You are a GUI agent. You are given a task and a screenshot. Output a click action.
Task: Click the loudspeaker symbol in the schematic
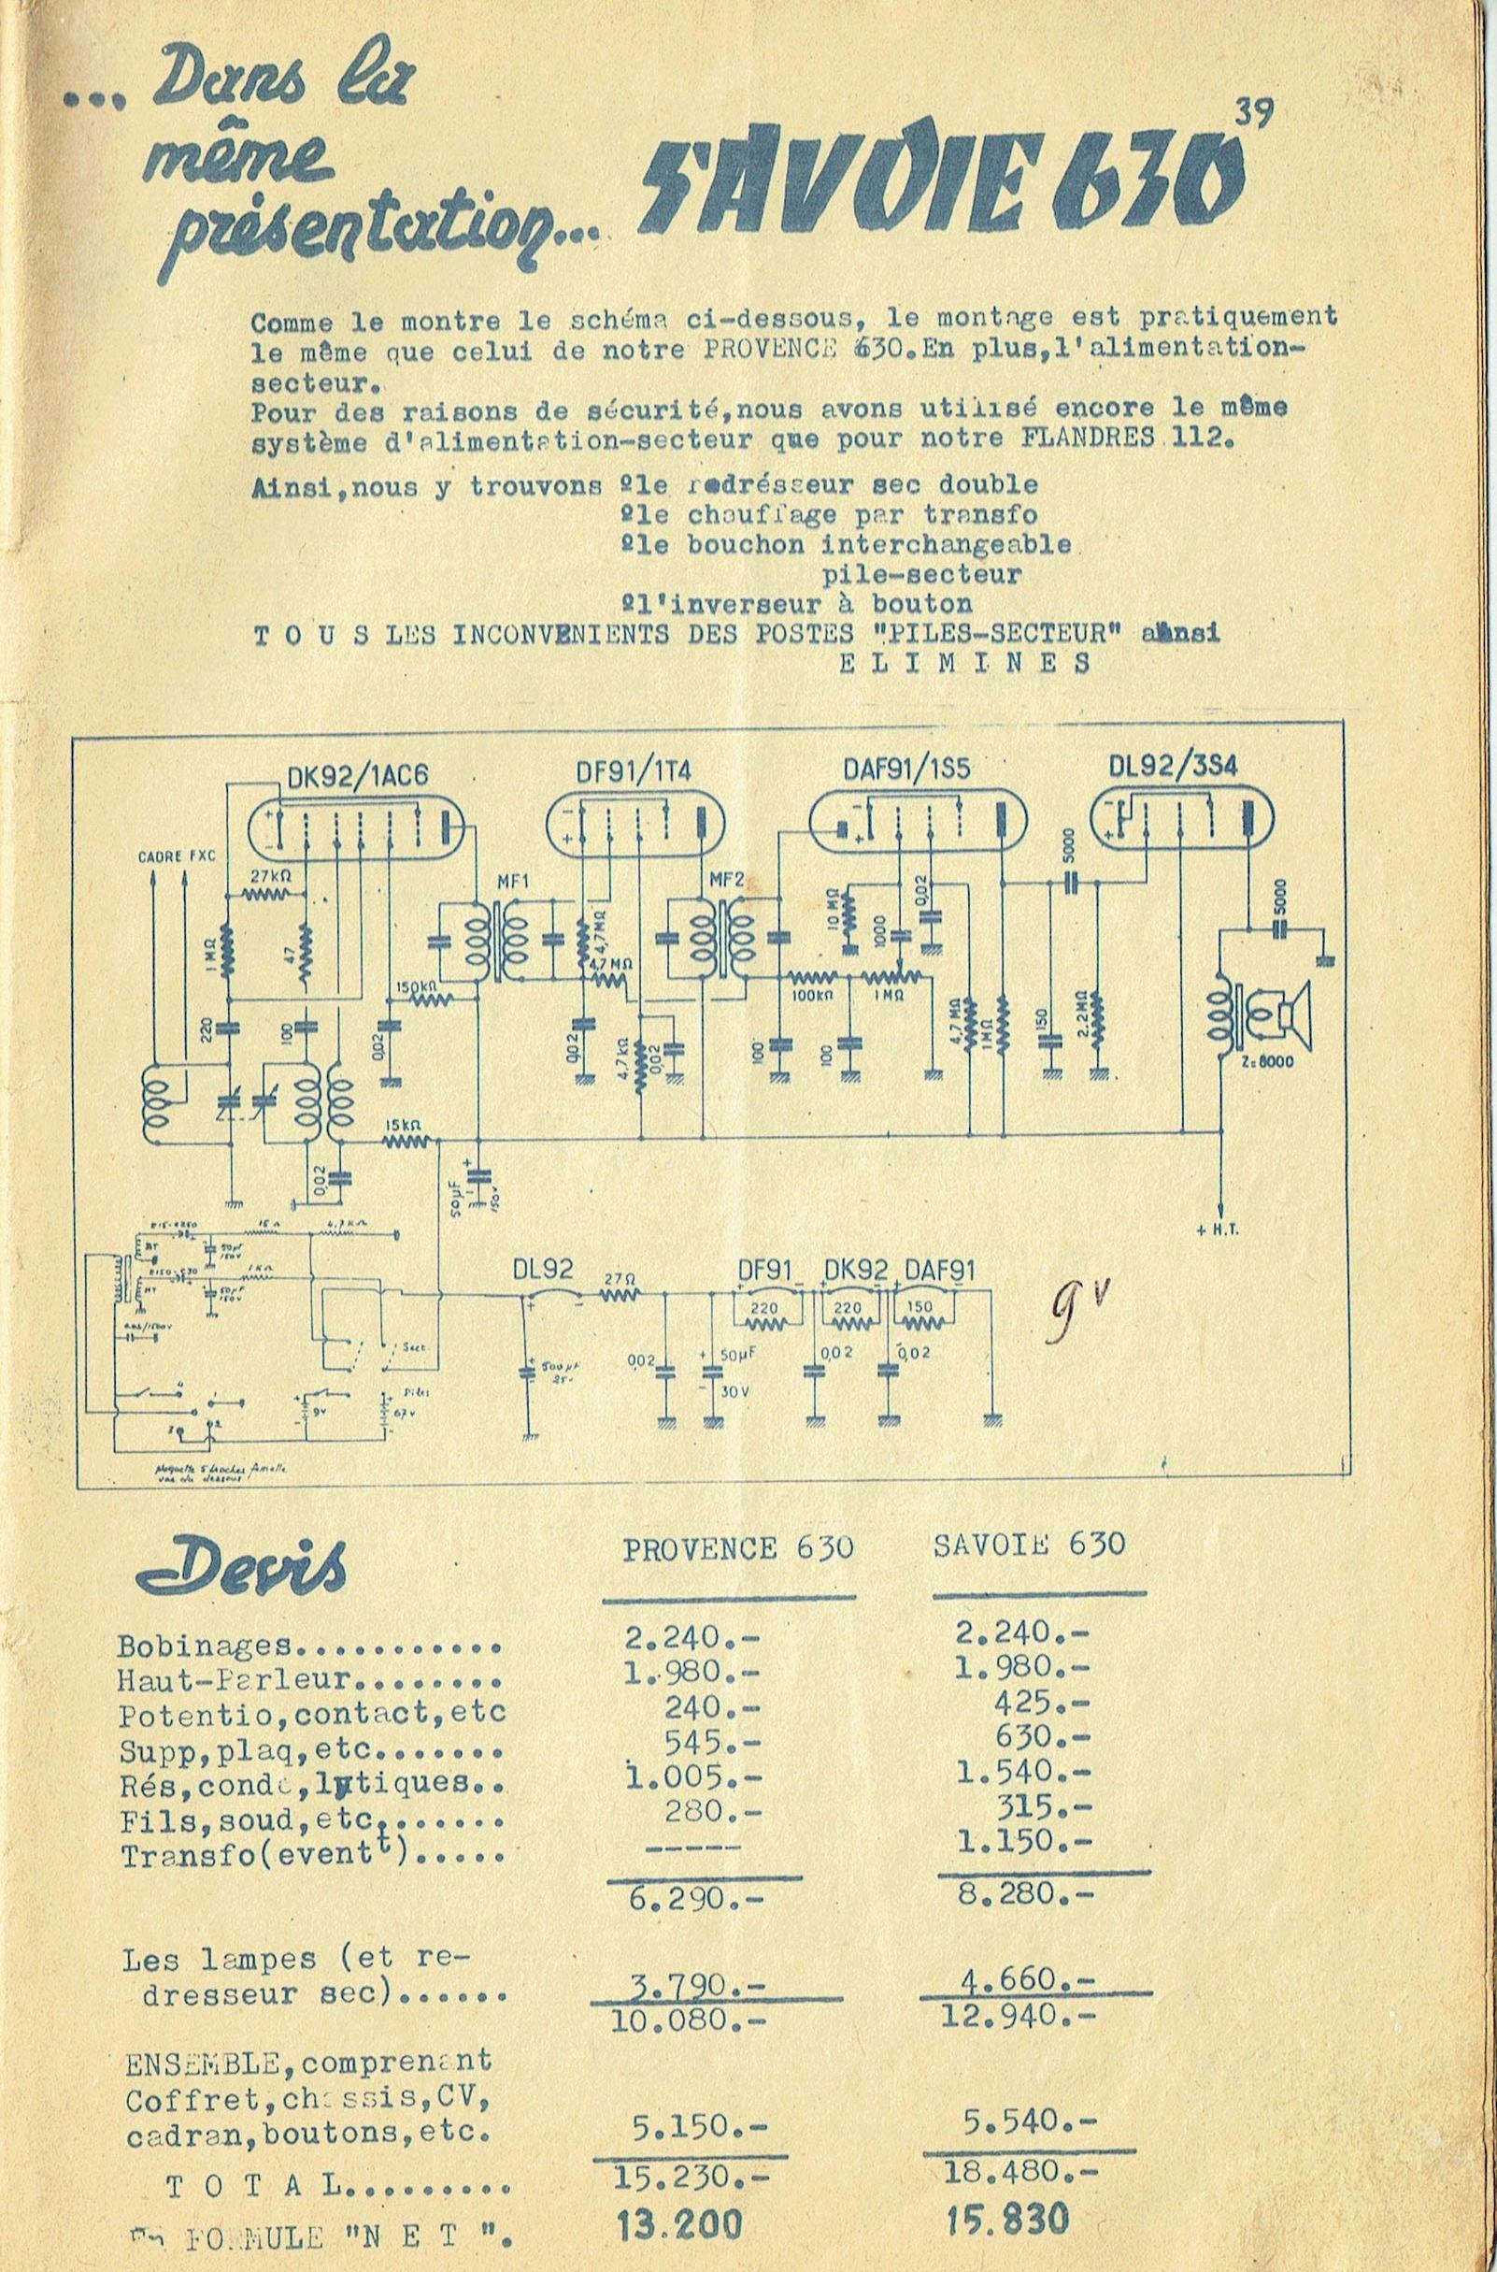coord(1289,1014)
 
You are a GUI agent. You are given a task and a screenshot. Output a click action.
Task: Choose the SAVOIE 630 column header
coord(1028,1545)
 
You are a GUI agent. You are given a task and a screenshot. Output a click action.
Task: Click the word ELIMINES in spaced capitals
coord(963,664)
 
